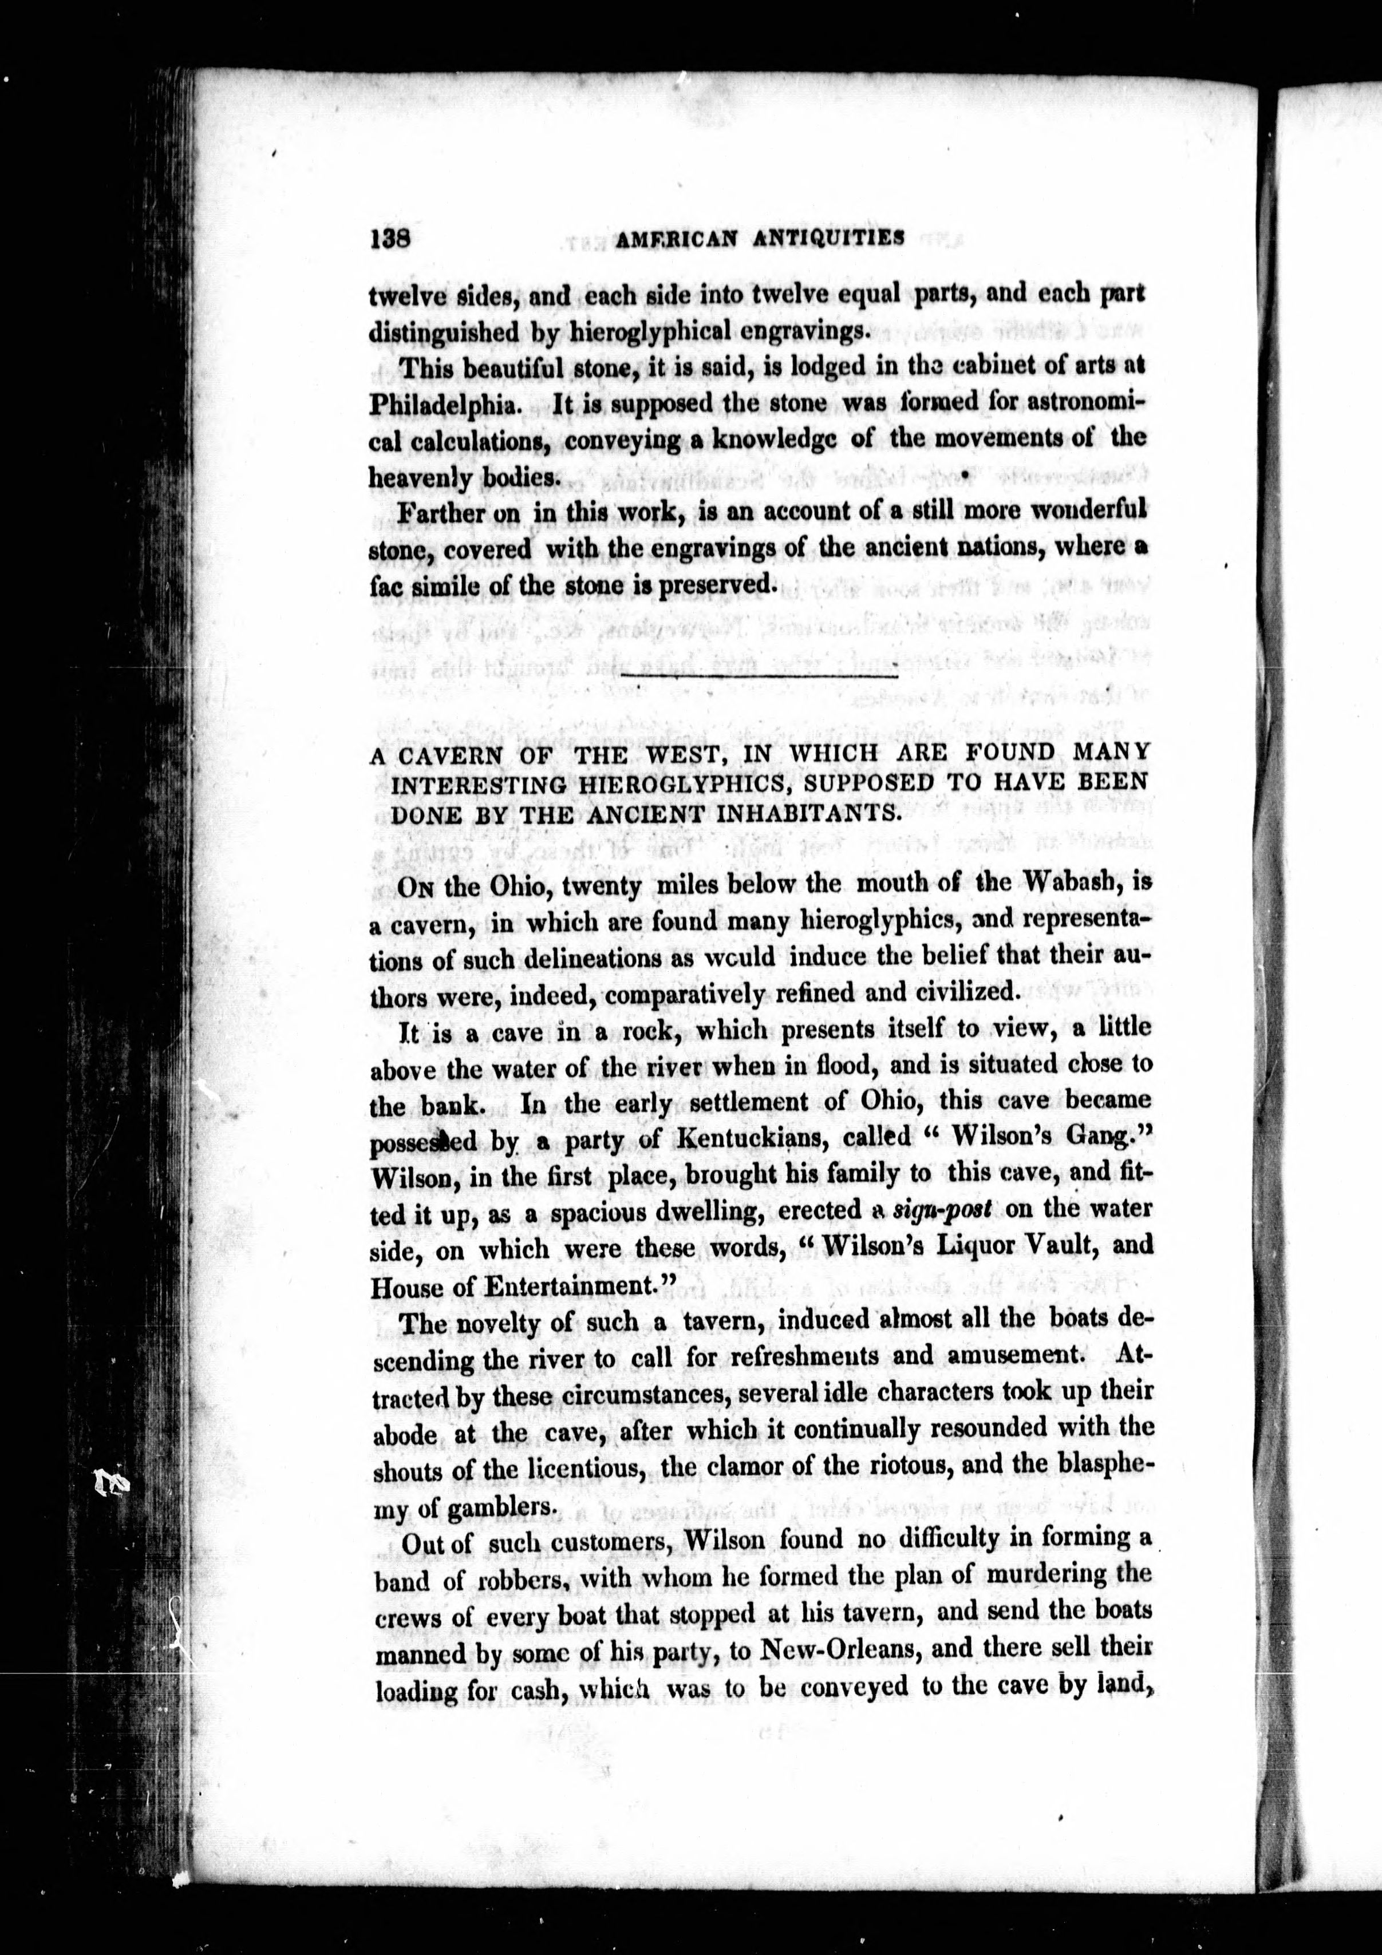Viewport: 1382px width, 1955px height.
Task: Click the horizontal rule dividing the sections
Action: point(760,674)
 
